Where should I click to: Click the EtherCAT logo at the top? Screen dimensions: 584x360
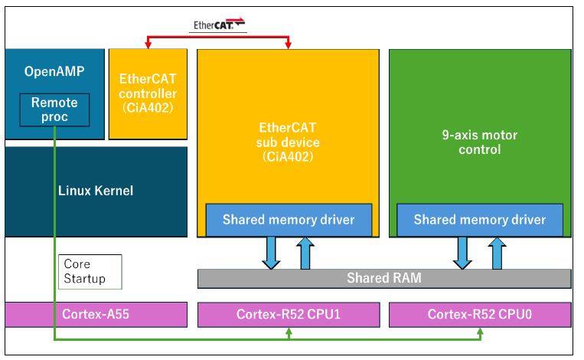(219, 25)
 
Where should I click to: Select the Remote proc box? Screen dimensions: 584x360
(54, 110)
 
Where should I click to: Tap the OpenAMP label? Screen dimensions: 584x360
(54, 71)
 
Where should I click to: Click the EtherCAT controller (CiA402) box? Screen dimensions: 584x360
(148, 94)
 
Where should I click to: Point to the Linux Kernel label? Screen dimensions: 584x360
(96, 191)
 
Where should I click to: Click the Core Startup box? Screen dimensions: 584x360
(90, 272)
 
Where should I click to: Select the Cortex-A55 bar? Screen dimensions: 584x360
(96, 315)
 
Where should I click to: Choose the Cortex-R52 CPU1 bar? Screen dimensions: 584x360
(289, 315)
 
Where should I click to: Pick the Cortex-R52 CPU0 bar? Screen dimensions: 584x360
(480, 315)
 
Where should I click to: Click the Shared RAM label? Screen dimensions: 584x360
(384, 278)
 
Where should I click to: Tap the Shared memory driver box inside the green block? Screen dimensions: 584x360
(480, 220)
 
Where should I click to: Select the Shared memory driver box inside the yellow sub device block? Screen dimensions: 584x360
(289, 220)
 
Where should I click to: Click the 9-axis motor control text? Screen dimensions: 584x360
(480, 142)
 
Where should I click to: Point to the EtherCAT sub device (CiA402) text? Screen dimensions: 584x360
(288, 142)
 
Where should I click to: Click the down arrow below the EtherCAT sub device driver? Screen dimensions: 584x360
(271, 253)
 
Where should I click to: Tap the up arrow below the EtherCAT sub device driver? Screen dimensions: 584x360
(305, 253)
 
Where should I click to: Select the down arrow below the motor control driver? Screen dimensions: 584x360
(462, 253)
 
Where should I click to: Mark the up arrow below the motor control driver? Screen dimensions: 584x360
(498, 253)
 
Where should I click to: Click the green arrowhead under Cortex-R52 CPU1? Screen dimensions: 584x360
(289, 331)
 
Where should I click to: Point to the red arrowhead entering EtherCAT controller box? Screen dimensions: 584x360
(148, 45)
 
